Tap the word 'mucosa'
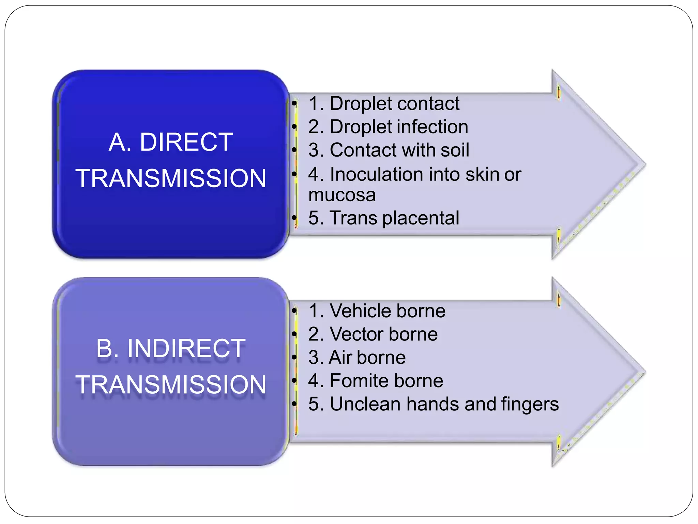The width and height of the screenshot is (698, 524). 342,195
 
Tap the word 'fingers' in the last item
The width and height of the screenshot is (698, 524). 530,404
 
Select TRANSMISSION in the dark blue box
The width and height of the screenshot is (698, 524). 171,178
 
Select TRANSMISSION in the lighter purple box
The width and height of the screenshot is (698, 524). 171,385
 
